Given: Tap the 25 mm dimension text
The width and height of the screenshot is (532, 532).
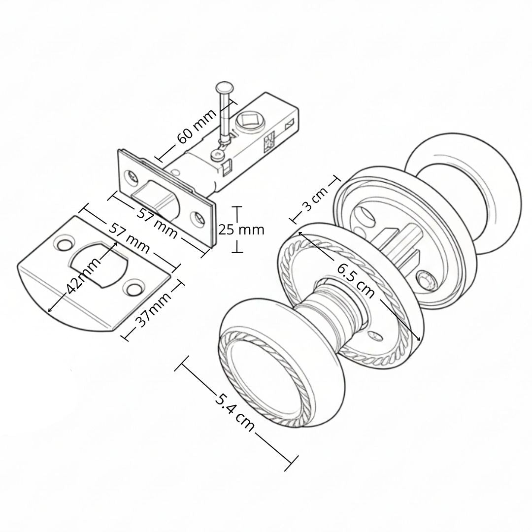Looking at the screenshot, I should pos(241,230).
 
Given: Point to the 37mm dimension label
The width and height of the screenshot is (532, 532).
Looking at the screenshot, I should pos(153,309).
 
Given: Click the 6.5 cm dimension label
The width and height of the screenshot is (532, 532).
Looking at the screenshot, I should pos(356,280).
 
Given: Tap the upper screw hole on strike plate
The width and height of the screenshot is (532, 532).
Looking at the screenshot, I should pos(64,243).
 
